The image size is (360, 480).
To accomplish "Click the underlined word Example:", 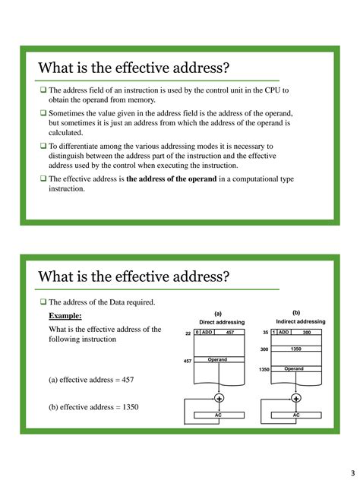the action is [65, 315].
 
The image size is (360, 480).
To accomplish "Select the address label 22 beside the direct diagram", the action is [188, 333].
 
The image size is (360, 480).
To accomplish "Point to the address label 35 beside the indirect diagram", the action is [265, 333].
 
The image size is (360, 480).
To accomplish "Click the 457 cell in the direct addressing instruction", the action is [229, 333].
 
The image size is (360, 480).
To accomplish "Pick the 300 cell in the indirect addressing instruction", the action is [307, 333].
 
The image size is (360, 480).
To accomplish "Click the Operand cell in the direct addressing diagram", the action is [218, 360].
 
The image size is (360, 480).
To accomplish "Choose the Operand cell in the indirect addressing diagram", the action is [295, 369].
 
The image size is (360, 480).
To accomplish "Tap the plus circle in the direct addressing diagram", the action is [219, 399].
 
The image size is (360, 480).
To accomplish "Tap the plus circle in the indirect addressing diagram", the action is [295, 399].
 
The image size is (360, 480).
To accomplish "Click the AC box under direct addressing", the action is [218, 415].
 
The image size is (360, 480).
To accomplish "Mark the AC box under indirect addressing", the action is [295, 415].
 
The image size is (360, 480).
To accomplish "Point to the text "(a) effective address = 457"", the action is [93, 380].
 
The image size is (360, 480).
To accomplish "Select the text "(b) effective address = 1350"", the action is [93, 406].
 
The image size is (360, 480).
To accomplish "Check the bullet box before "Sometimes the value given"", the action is [43, 112].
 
